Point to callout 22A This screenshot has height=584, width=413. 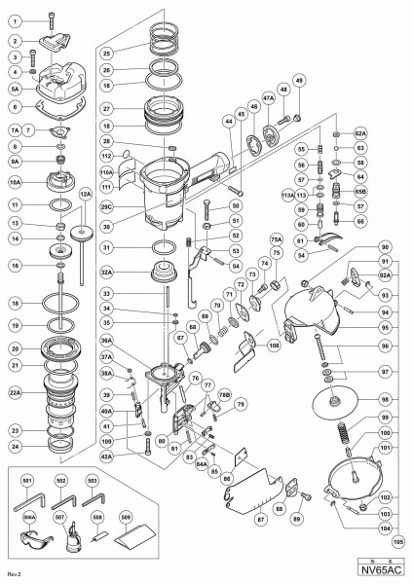tap(16, 393)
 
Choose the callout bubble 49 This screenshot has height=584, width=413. tap(299, 106)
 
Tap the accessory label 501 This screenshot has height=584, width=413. tap(28, 479)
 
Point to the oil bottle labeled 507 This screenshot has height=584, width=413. tap(72, 541)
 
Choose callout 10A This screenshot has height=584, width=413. tap(16, 180)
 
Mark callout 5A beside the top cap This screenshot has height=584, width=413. tap(16, 86)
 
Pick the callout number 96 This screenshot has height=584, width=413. tap(384, 346)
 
